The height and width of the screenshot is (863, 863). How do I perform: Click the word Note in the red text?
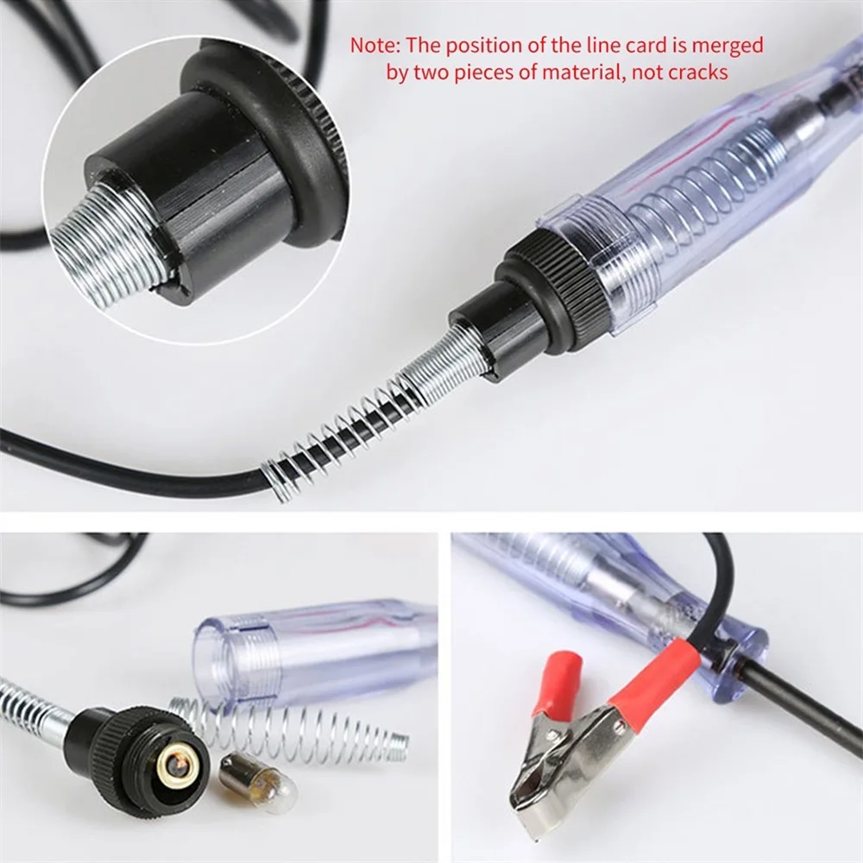370,45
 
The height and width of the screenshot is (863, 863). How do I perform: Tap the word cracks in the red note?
697,72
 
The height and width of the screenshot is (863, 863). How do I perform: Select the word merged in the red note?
733,45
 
